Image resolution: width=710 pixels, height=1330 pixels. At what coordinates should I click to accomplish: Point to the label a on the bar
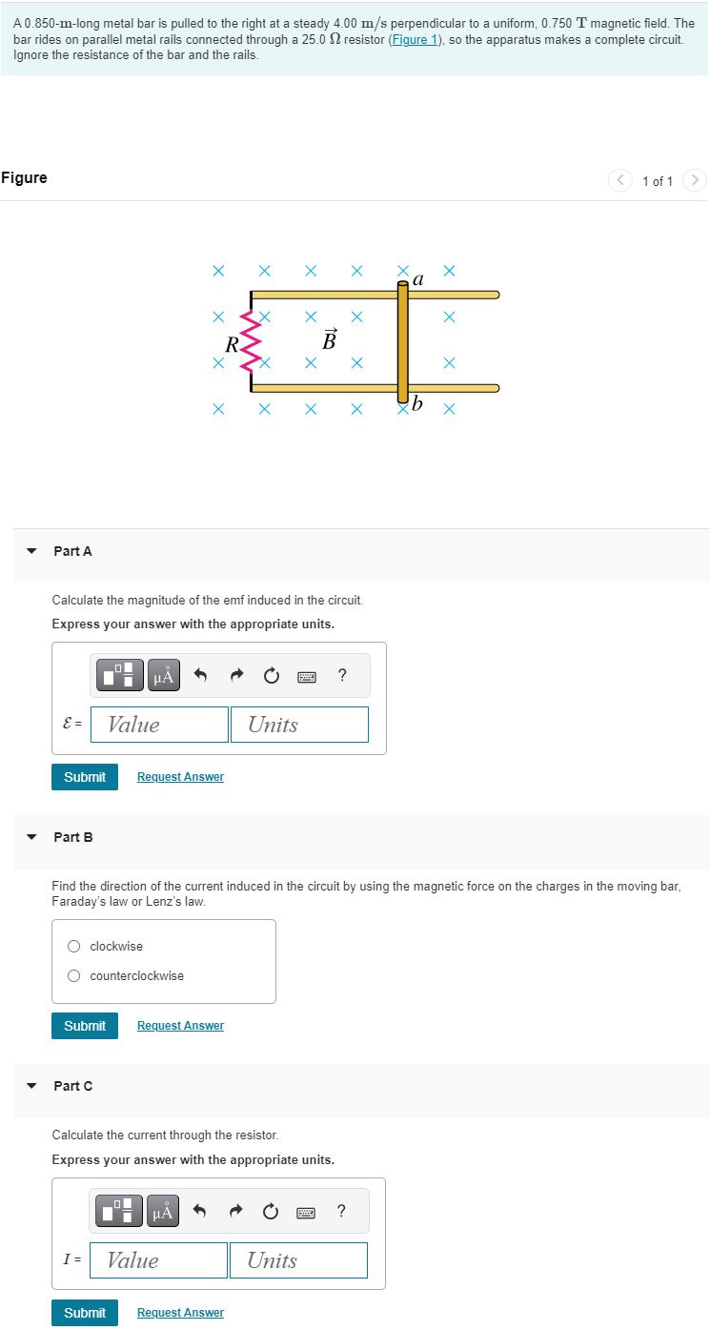[418, 279]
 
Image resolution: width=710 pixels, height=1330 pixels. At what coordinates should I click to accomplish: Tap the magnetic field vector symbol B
[330, 339]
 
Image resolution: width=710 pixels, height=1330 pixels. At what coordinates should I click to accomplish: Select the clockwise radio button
[74, 947]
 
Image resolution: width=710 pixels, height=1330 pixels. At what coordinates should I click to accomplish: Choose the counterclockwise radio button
[74, 976]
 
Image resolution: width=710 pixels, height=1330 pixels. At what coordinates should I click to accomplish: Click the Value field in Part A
[160, 725]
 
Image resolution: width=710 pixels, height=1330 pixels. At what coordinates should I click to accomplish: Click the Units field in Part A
[299, 725]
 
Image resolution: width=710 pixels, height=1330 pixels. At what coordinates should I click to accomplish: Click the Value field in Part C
[159, 1260]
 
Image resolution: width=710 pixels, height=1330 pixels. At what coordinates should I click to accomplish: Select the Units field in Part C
[298, 1260]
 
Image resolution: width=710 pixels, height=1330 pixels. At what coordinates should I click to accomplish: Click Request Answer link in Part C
[180, 1313]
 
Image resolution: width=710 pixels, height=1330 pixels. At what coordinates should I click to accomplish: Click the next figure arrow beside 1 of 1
[696, 180]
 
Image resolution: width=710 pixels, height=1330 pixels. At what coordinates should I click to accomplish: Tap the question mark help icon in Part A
[342, 676]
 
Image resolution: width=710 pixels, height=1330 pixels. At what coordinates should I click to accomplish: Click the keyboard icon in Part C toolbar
[306, 1213]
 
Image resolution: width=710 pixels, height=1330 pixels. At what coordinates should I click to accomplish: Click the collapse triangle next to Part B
[32, 837]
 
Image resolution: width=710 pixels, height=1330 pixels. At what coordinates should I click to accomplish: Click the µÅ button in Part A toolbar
[164, 677]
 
